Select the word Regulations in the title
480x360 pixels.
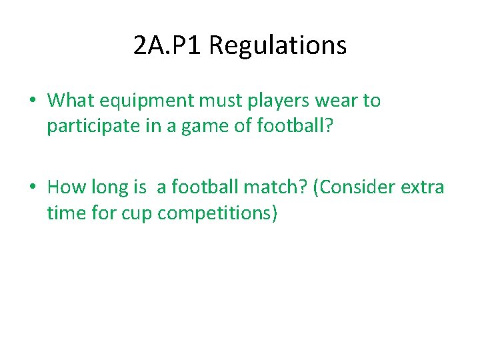277,45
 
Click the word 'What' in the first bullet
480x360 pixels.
71,101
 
